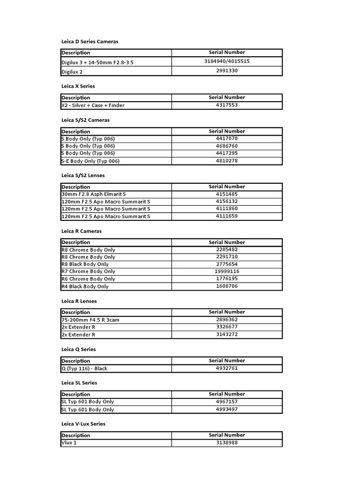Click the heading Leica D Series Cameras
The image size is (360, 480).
coord(90,41)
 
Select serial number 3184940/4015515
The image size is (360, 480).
coord(227,61)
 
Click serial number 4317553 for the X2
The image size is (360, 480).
coord(227,105)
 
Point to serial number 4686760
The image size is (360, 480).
coord(227,146)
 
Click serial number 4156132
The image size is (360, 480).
coord(227,201)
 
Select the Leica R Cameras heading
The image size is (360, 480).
coord(82,231)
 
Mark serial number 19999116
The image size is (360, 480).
coord(227,271)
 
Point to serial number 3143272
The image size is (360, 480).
coord(227,334)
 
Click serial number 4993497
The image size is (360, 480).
coord(227,409)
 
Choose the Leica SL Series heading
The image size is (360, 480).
coord(79,383)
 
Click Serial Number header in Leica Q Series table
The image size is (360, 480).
coord(227,360)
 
